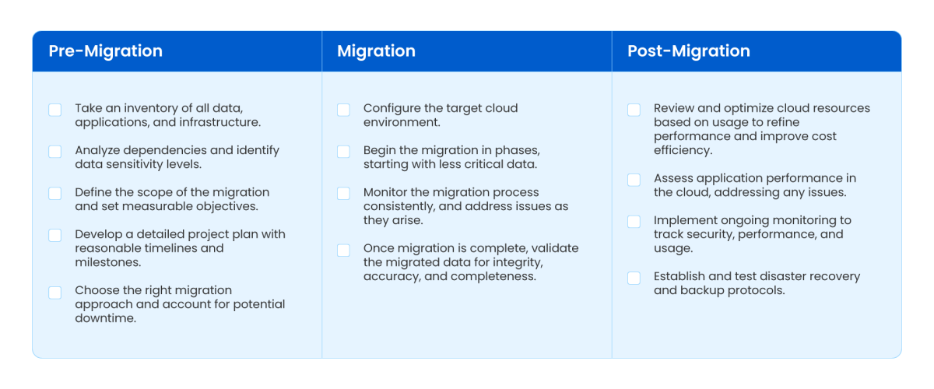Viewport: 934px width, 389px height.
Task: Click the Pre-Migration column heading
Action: click(105, 51)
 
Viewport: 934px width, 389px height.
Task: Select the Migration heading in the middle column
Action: click(376, 51)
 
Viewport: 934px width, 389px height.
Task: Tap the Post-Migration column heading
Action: click(689, 51)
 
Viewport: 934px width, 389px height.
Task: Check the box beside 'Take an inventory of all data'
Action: click(55, 110)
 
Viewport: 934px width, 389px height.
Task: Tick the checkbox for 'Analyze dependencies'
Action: click(55, 152)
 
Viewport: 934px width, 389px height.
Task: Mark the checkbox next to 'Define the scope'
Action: click(55, 194)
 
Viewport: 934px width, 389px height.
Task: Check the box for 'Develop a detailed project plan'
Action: click(55, 236)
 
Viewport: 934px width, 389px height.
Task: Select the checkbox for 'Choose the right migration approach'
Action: click(55, 293)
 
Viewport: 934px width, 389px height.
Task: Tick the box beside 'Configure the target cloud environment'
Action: click(343, 110)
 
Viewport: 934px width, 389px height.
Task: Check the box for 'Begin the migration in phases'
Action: click(343, 152)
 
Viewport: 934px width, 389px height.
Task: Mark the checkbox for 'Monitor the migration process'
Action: click(343, 194)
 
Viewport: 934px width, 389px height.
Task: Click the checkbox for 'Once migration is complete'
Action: click(343, 251)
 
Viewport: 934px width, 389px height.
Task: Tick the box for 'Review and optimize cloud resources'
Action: click(634, 110)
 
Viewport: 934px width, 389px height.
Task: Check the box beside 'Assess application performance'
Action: click(634, 180)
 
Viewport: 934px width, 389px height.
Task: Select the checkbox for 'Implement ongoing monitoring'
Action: click(634, 222)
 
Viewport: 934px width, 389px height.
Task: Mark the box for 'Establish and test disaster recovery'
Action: click(634, 278)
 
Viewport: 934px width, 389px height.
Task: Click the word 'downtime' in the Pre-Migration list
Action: click(106, 318)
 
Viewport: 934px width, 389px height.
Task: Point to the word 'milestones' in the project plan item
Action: click(107, 262)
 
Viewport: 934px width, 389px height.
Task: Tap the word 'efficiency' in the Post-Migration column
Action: click(683, 150)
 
